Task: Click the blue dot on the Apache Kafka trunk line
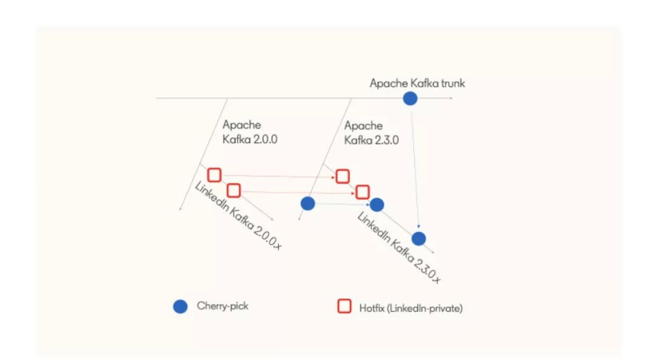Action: point(411,98)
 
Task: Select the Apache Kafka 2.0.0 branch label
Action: point(250,132)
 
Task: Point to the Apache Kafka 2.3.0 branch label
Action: point(372,132)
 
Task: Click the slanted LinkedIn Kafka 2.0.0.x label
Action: point(238,216)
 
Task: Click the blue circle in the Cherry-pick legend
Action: point(180,307)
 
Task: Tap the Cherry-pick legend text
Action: point(223,305)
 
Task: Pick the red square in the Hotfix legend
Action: point(344,307)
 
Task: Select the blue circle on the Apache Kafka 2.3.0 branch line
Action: point(307,204)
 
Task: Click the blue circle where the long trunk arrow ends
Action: point(419,239)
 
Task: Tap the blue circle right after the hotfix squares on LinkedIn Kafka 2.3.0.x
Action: point(377,205)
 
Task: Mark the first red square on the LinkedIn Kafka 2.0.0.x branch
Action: point(214,175)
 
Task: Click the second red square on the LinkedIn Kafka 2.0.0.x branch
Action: point(233,190)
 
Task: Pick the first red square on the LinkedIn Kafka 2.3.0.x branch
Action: point(343,176)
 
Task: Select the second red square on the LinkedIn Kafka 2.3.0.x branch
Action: point(362,192)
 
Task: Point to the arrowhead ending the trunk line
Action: point(451,98)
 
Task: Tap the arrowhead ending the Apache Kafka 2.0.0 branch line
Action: point(181,209)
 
